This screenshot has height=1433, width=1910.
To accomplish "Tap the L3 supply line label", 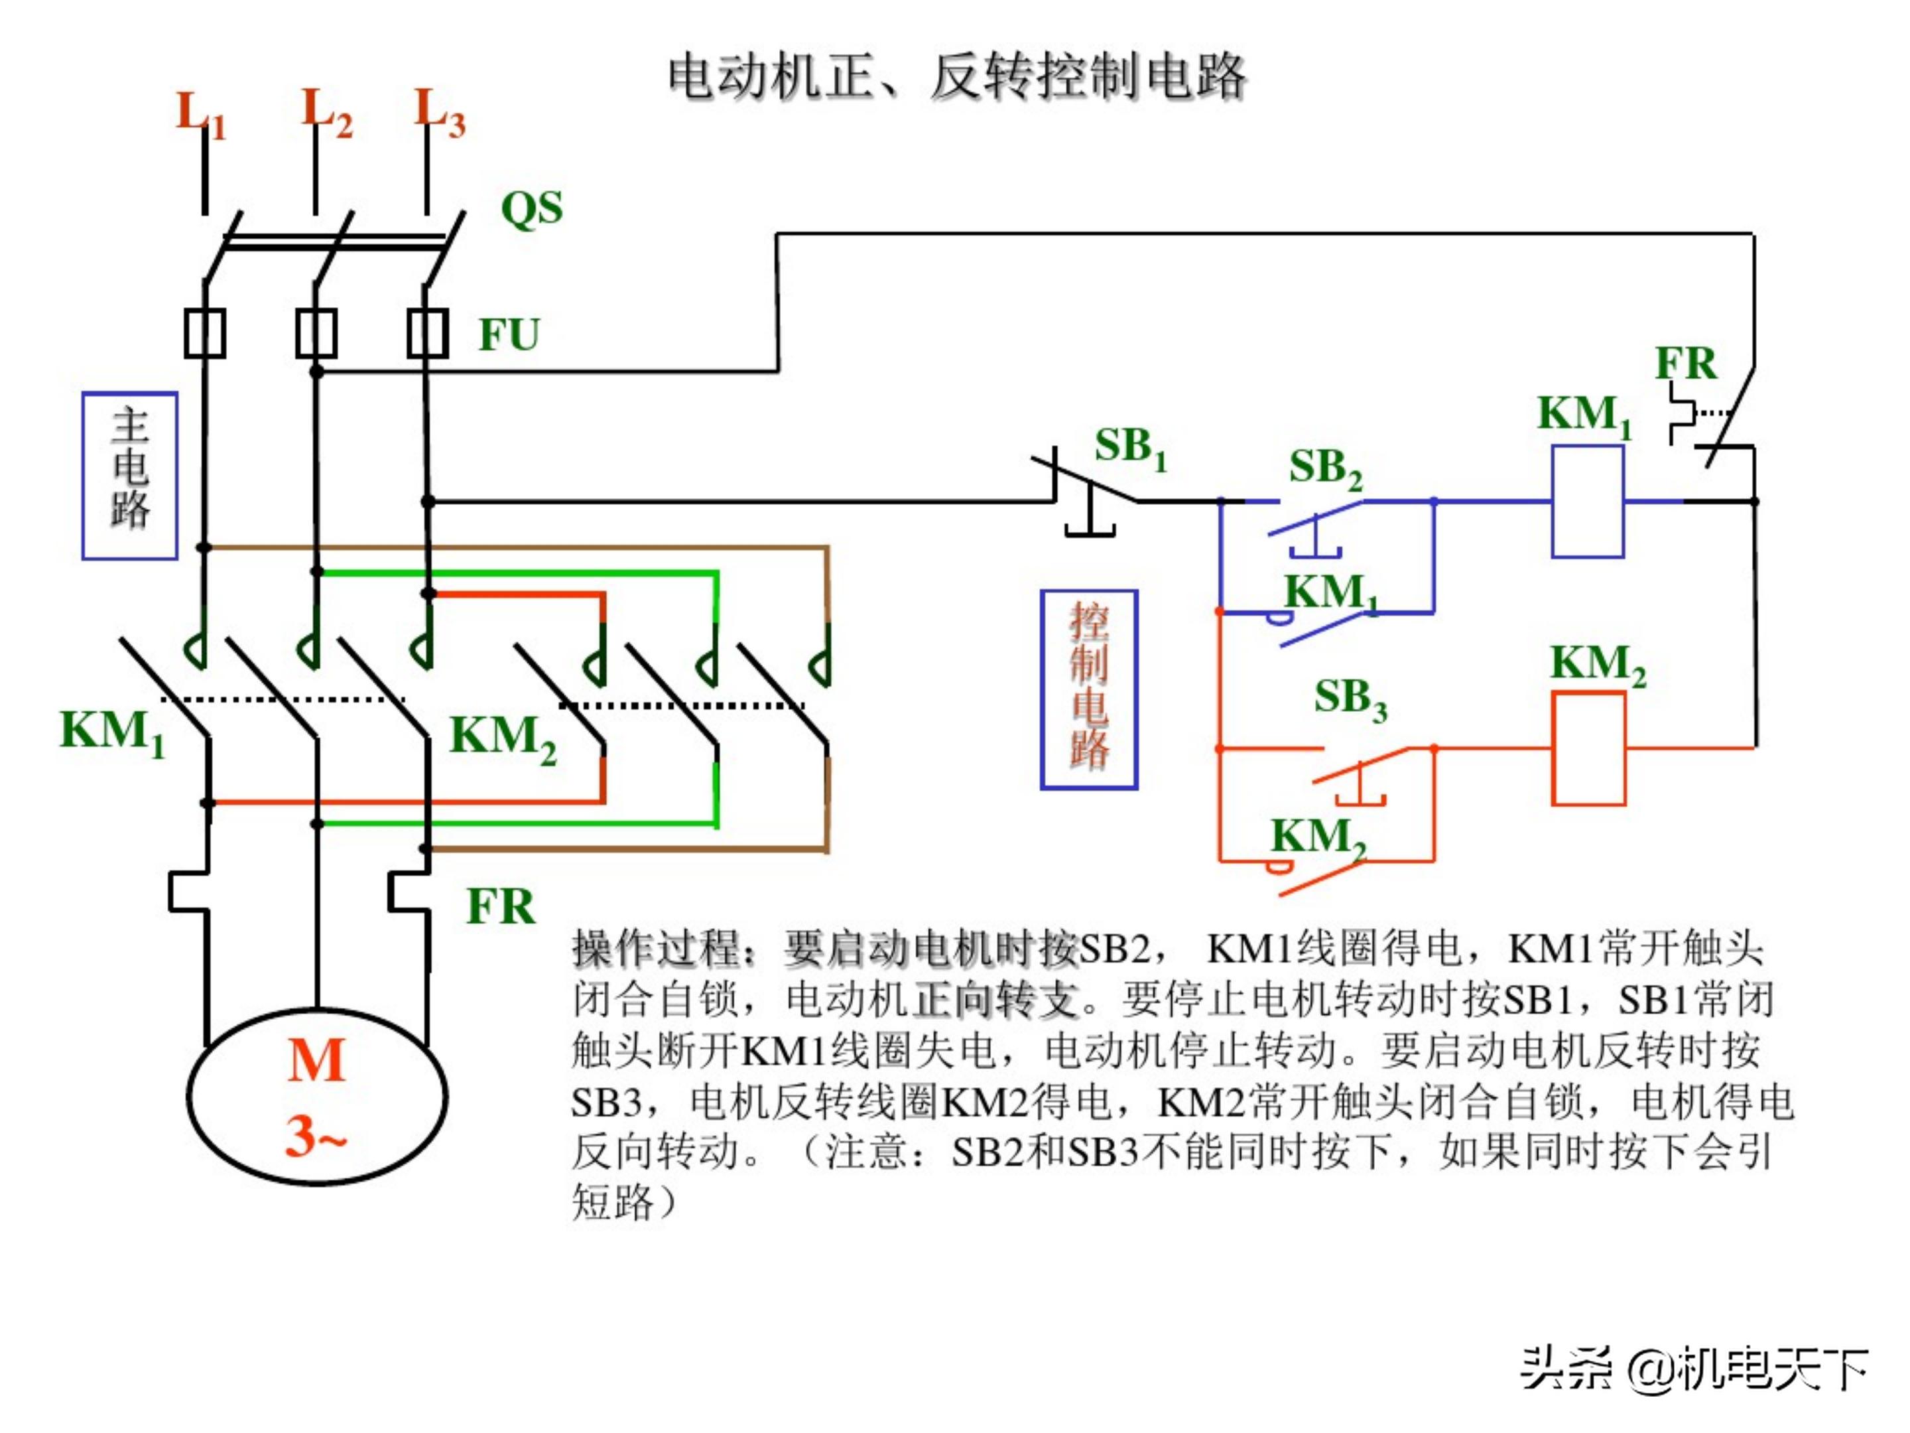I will [x=438, y=113].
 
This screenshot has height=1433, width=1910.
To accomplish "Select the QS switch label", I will [x=532, y=208].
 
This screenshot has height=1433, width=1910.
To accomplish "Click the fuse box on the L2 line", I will [x=316, y=332].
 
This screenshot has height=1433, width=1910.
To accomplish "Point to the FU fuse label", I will [x=509, y=335].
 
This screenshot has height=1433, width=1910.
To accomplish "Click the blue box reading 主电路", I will [x=129, y=476].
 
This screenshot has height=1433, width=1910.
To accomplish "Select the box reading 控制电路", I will [x=1089, y=689].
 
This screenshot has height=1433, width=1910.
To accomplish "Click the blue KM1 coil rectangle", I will [x=1587, y=501].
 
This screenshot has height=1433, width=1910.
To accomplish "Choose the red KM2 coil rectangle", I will [x=1588, y=748].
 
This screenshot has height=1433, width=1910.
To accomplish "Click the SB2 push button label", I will [x=1324, y=469].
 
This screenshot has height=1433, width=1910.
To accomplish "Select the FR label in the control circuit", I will [x=1685, y=364].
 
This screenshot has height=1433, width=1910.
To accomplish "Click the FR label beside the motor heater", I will [x=500, y=907].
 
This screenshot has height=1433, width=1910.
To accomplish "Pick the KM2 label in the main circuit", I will [x=503, y=738].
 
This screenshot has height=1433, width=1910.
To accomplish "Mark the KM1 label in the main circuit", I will [x=111, y=732].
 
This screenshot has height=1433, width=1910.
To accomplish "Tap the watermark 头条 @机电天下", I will [x=1693, y=1369].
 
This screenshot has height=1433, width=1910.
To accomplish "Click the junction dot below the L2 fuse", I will [x=317, y=372].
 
